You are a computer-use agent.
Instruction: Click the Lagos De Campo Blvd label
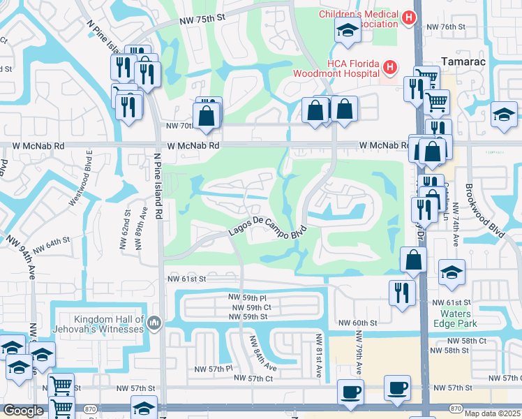[x=268, y=232]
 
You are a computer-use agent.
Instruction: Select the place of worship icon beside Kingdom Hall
[x=154, y=323]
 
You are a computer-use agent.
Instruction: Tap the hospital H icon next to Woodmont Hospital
[x=390, y=68]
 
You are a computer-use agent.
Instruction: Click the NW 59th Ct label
[x=249, y=307]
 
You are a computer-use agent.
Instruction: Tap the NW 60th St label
[x=357, y=323]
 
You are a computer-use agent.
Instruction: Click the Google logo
[x=22, y=411]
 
